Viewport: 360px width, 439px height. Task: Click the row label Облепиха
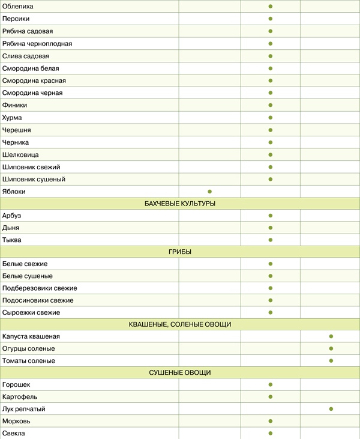click(x=18, y=6)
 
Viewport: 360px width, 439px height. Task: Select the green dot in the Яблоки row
click(x=210, y=192)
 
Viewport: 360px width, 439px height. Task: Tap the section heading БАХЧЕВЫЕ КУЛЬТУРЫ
click(x=180, y=204)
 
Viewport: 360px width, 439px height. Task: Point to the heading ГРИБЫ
click(x=180, y=252)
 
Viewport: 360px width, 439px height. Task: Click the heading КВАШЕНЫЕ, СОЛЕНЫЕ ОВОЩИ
click(x=180, y=324)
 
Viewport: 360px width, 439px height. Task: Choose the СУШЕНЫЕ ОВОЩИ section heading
click(x=180, y=373)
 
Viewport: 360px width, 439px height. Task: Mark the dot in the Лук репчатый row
click(x=331, y=409)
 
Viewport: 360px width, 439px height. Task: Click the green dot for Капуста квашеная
click(x=331, y=336)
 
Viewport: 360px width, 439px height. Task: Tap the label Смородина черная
click(x=32, y=93)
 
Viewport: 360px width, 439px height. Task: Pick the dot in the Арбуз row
click(x=271, y=216)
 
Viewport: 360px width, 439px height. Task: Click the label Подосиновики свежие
click(x=38, y=300)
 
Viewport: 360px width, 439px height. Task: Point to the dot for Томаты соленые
click(x=331, y=361)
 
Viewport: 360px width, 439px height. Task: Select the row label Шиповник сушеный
click(x=34, y=180)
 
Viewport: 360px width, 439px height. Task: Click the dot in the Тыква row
click(x=271, y=240)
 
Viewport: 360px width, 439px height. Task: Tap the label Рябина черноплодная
click(x=37, y=44)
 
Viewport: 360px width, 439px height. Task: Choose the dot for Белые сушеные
click(x=271, y=276)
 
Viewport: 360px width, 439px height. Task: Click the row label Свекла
click(x=14, y=433)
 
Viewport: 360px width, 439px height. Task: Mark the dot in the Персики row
click(x=271, y=19)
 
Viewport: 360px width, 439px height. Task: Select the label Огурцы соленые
click(x=28, y=349)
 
